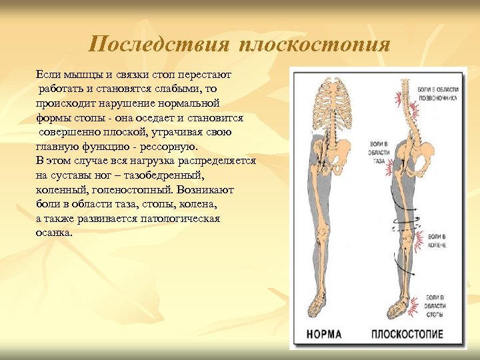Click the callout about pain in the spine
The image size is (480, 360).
click(x=437, y=92)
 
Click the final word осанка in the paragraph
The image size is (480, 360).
click(x=54, y=233)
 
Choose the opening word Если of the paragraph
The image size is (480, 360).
click(x=48, y=74)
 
